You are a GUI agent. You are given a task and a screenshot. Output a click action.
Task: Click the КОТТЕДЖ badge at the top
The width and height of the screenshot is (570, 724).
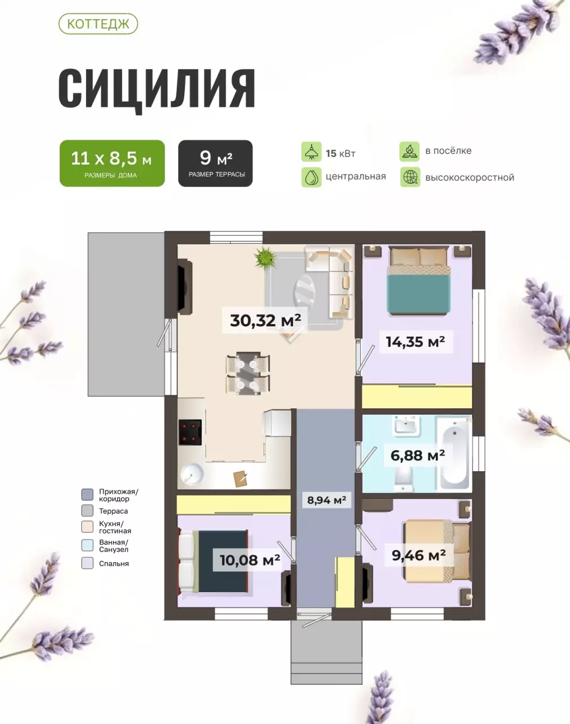98,24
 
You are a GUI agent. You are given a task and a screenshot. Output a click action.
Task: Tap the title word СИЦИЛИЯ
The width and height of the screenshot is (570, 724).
157,89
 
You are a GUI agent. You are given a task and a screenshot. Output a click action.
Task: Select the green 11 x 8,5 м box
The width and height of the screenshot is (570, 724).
112,163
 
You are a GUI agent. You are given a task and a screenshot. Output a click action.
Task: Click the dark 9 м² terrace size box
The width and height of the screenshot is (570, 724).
215,163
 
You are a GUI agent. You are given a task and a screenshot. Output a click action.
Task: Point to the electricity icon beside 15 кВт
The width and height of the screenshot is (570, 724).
312,152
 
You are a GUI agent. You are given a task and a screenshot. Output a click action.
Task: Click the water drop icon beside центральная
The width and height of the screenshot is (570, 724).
312,177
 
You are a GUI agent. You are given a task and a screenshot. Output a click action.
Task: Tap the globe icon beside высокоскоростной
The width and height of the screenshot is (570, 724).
410,177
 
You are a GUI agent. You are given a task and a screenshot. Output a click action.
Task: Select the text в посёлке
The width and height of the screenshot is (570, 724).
448,150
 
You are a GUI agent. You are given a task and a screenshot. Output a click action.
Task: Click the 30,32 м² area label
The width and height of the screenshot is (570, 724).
265,320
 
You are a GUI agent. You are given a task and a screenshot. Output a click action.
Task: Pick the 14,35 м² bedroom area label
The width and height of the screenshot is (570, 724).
416,342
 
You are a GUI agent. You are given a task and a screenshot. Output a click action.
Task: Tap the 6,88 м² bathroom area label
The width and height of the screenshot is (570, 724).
418,455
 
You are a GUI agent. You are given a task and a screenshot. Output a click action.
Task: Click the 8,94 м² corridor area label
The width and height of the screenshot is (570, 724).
326,500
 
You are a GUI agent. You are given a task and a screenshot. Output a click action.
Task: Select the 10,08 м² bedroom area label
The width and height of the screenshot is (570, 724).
250,560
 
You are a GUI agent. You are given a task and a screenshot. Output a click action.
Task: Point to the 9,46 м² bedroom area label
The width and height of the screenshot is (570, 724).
418,555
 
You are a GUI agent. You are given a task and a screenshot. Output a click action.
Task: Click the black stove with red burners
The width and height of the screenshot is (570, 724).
191,433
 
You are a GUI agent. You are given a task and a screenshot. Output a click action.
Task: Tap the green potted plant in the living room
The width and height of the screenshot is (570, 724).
265,258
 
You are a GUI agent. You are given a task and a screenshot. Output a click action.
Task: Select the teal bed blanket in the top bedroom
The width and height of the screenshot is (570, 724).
419,294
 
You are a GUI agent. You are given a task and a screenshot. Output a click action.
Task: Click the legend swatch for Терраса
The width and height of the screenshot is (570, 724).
88,511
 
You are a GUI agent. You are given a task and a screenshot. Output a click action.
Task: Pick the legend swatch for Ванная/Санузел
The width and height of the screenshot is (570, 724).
88,546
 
